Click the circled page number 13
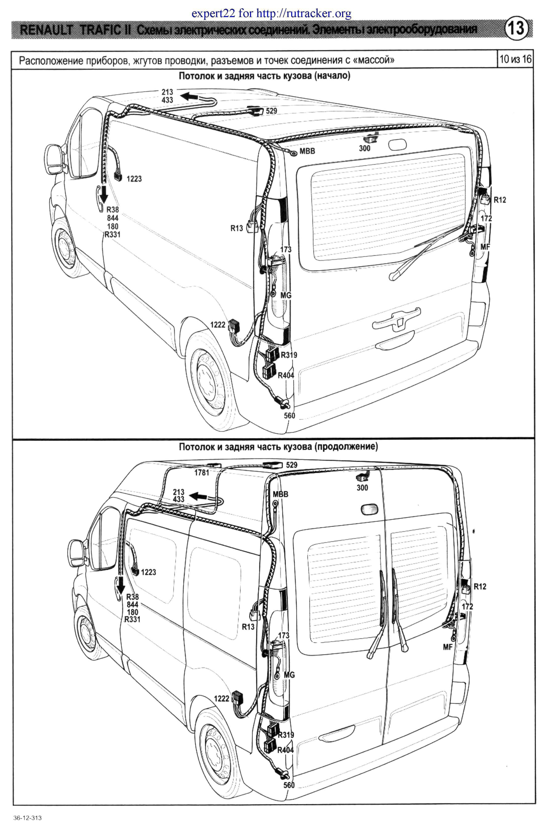pos(516,28)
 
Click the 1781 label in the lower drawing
pos(201,473)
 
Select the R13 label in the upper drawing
pos(237,228)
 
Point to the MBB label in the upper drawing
pos(307,151)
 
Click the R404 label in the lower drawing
pos(285,751)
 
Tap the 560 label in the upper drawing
pos(289,415)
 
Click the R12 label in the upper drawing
pos(500,200)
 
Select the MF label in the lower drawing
pos(448,647)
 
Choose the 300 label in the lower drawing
pos(362,487)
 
